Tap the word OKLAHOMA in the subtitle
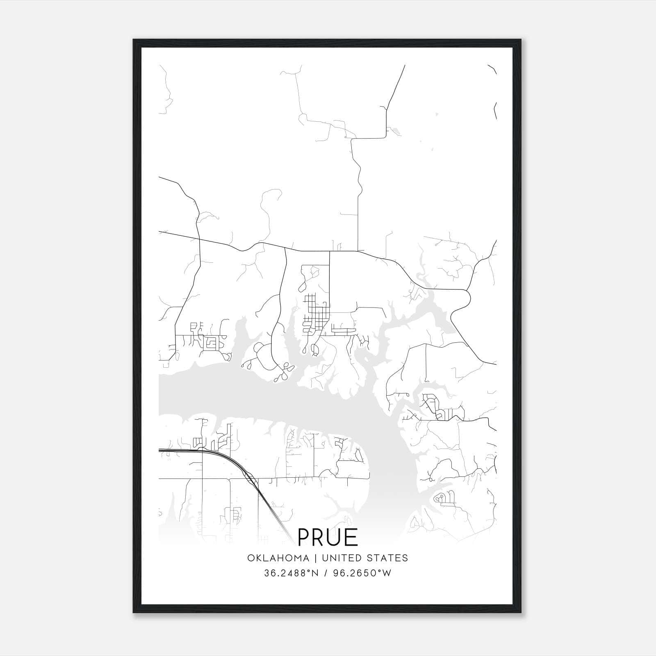[x=278, y=558]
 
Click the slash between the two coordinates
[x=325, y=573]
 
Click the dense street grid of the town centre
[x=315, y=314]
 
